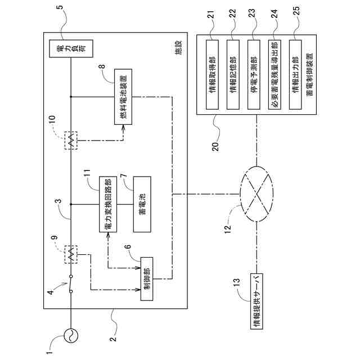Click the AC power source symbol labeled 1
(71, 335)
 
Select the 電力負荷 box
(71, 48)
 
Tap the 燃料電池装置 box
(123, 97)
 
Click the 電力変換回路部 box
(108, 204)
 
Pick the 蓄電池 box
(142, 204)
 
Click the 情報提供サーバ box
(256, 301)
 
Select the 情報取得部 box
(212, 75)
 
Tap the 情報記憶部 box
(233, 75)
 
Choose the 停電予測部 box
(254, 75)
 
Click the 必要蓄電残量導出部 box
(274, 75)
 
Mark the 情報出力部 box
(295, 75)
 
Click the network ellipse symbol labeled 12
(256, 194)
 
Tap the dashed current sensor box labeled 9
(71, 254)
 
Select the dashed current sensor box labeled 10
(71, 141)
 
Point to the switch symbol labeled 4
(71, 283)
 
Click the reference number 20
(215, 146)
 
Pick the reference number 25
(296, 11)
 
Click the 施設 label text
(178, 47)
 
